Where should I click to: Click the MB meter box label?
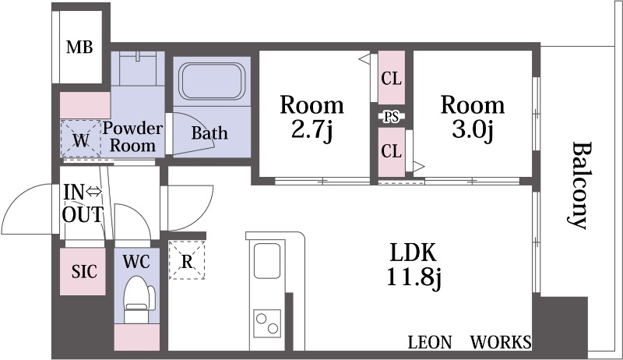pos(79,48)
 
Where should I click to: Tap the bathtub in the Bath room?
pos(211,81)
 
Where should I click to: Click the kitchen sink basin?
pos(267,261)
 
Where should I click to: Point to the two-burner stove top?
pos(267,323)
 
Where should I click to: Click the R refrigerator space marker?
pos(187,260)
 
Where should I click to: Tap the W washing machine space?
pos(81,139)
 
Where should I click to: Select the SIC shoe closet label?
pos(84,271)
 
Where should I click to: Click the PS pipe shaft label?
pos(392,117)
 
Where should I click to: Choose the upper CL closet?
pos(392,77)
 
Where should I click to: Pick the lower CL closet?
pos(392,152)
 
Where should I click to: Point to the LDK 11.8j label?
pos(414,264)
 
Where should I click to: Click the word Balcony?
pos(578,185)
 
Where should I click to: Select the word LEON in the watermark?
pos(430,342)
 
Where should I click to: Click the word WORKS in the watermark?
pos(501,342)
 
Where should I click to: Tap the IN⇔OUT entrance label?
pos(83,203)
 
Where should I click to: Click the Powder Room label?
pos(132,136)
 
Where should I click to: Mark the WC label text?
pos(136,262)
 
